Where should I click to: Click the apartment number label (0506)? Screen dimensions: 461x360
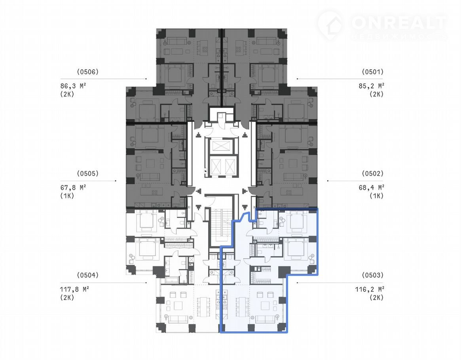click(x=87, y=72)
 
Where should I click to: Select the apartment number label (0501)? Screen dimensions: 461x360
click(x=372, y=72)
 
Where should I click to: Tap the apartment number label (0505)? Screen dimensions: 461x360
click(x=87, y=173)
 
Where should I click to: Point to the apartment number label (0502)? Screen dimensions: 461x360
click(x=372, y=173)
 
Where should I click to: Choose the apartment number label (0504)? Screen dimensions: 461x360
click(x=87, y=275)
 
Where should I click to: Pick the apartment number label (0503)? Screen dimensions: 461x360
click(x=372, y=275)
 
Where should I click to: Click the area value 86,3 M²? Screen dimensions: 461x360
click(x=73, y=86)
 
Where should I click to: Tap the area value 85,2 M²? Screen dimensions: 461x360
click(x=371, y=86)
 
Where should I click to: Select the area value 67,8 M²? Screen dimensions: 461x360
click(x=73, y=188)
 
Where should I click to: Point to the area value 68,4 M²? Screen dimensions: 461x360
click(x=371, y=188)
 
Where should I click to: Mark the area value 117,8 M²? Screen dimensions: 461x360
click(x=74, y=290)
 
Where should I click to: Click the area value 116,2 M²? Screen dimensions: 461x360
click(x=370, y=290)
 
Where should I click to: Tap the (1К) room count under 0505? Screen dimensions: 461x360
click(x=67, y=196)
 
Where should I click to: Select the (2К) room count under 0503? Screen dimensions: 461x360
click(x=376, y=298)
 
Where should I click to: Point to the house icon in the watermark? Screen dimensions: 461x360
click(x=331, y=25)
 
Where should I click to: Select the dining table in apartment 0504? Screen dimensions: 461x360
click(x=203, y=306)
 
